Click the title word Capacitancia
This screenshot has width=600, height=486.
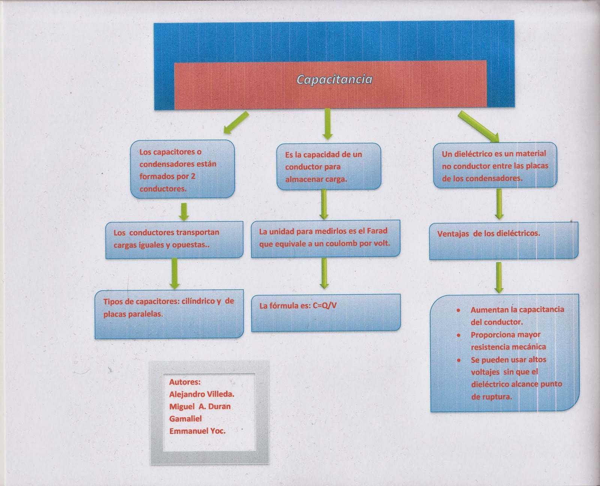334,80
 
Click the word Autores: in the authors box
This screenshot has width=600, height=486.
185,382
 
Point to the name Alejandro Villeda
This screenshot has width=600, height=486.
202,394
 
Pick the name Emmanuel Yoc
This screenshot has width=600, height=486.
197,431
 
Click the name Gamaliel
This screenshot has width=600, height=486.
185,419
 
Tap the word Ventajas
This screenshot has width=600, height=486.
453,233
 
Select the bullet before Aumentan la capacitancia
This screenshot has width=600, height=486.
458,310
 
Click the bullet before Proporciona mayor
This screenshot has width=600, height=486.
458,335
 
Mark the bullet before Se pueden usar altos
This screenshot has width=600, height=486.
458,360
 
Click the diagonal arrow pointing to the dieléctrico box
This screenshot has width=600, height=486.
478,127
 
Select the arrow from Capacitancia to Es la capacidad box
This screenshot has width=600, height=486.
327,124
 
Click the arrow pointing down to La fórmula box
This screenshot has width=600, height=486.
324,273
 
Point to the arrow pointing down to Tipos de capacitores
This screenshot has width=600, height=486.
174,273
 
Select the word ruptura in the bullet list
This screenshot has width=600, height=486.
496,397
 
